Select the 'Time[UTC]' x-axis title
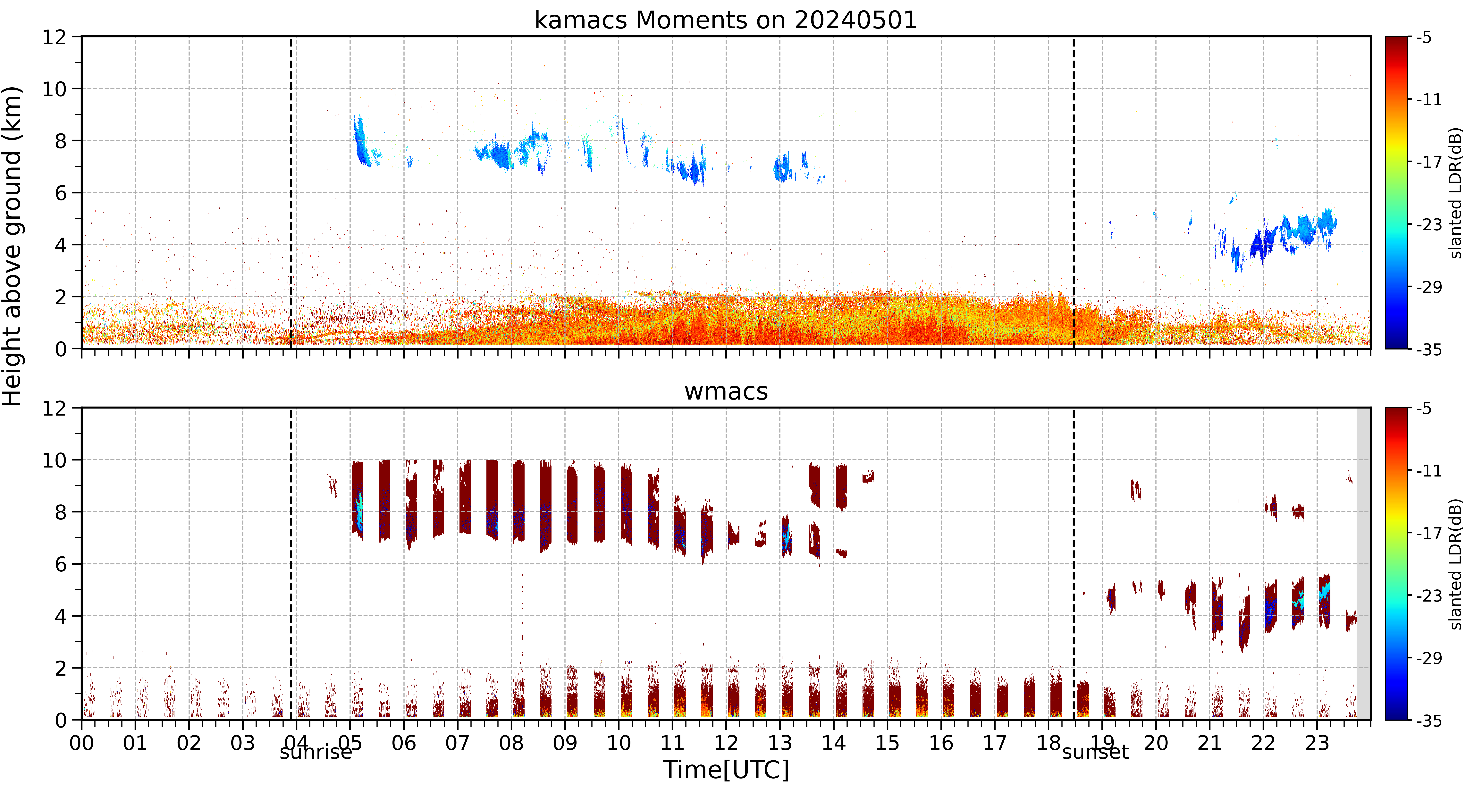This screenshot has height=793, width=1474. tap(726, 770)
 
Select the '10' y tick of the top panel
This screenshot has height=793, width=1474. tap(54, 89)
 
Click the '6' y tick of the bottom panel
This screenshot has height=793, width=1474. tap(61, 564)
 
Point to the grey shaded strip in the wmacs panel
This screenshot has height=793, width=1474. tap(1364, 564)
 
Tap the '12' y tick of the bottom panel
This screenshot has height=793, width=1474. tap(54, 409)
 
